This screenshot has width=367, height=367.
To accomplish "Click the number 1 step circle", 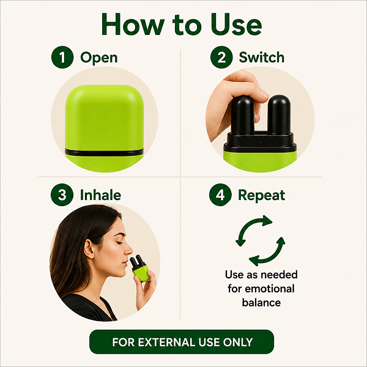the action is (x=62, y=57).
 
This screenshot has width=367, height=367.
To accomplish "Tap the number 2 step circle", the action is (x=221, y=57).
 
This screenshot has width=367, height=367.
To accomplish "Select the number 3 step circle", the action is (x=62, y=195).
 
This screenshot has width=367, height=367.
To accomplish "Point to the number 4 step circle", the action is (x=220, y=195).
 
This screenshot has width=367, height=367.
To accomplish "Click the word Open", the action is (x=98, y=58).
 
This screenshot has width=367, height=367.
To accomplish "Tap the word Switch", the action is (x=261, y=57).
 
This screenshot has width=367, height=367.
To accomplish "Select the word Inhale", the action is (x=100, y=195).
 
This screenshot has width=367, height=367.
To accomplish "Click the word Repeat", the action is (x=261, y=196).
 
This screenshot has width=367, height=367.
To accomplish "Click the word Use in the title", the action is (x=236, y=24).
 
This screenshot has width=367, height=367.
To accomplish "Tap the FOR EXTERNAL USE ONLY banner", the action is (x=182, y=342).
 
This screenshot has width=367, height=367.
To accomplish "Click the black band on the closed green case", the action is (x=105, y=152).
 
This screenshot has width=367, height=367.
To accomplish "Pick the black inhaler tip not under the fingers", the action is (x=279, y=115).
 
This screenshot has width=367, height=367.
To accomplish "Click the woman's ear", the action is (x=89, y=248).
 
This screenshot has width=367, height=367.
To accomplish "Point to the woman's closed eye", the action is (x=119, y=242).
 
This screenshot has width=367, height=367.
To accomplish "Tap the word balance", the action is (x=261, y=302).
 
